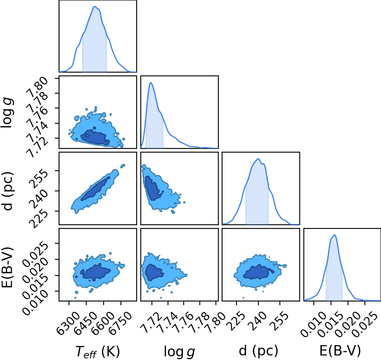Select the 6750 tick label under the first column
[x=121, y=320]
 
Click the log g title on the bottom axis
[x=179, y=352]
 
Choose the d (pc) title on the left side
[x=7, y=191]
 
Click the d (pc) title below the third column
[x=258, y=351]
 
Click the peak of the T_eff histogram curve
[x=95, y=6]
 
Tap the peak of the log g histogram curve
[x=151, y=82]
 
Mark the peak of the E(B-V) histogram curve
[x=335, y=235]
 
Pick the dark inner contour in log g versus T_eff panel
[x=95, y=138]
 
